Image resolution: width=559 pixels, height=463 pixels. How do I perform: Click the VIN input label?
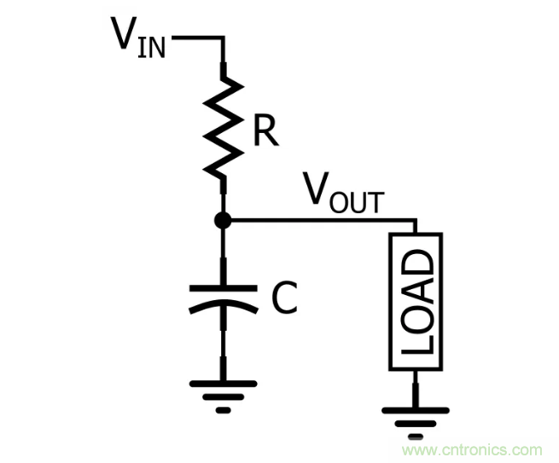138,36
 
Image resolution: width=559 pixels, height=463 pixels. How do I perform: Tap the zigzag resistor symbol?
223,126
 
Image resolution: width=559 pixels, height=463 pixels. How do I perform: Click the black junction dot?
223,220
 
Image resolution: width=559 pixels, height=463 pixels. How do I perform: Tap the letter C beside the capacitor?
283,298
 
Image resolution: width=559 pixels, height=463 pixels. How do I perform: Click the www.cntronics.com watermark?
472,449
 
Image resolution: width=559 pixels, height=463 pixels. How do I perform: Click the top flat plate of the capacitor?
223,287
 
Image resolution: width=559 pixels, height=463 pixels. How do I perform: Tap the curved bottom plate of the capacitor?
223,305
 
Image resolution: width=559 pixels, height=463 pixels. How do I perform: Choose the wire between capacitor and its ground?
223,350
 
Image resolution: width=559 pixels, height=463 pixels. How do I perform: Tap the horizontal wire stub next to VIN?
196,38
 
